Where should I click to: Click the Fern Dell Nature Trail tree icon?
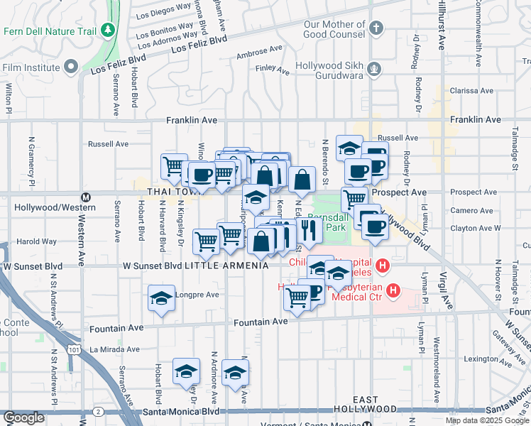(x=107, y=31)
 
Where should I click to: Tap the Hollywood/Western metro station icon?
(x=86, y=197)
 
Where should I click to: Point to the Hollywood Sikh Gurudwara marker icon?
(x=375, y=70)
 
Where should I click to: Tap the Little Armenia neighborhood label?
(x=226, y=266)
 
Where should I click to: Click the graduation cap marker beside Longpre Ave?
(x=161, y=298)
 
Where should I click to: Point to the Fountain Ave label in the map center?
(x=261, y=322)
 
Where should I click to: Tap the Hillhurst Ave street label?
(x=441, y=25)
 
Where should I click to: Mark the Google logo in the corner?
(x=23, y=417)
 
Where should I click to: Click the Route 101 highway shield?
(x=75, y=349)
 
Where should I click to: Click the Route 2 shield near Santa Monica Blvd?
(x=98, y=411)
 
